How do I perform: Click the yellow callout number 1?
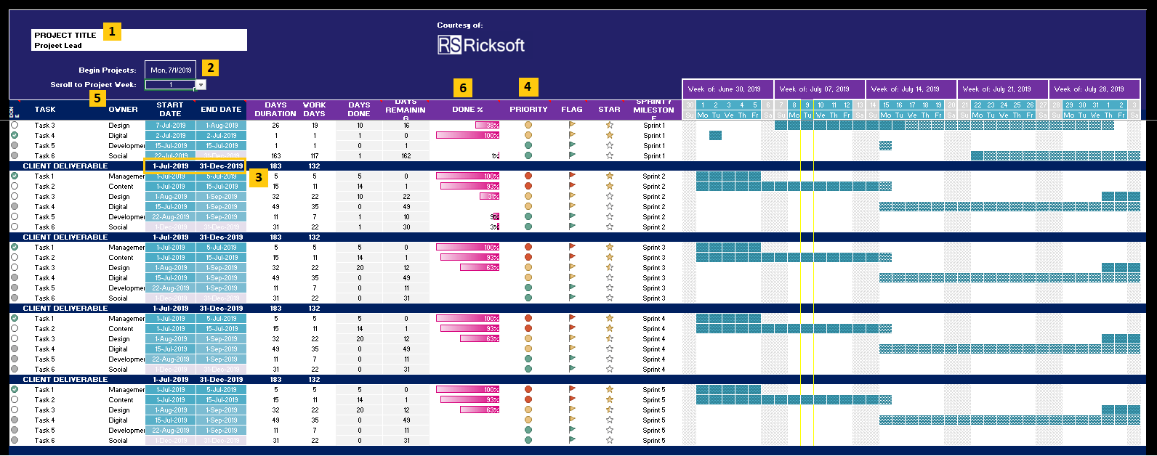point(112,32)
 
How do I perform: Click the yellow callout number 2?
point(210,68)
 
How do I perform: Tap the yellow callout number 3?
point(258,177)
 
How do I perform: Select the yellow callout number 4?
point(528,87)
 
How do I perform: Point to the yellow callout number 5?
point(98,98)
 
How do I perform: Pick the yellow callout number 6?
point(462,89)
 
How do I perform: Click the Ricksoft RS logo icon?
point(449,45)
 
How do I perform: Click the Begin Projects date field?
point(171,70)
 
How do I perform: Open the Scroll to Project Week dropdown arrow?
point(201,85)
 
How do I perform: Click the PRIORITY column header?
point(528,110)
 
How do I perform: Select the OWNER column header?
point(123,110)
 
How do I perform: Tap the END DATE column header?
point(221,110)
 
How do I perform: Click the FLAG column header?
point(572,110)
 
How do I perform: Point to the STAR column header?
point(609,110)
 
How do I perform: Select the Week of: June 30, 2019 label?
point(724,89)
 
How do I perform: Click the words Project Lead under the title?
point(58,46)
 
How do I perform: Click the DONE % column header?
point(467,110)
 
